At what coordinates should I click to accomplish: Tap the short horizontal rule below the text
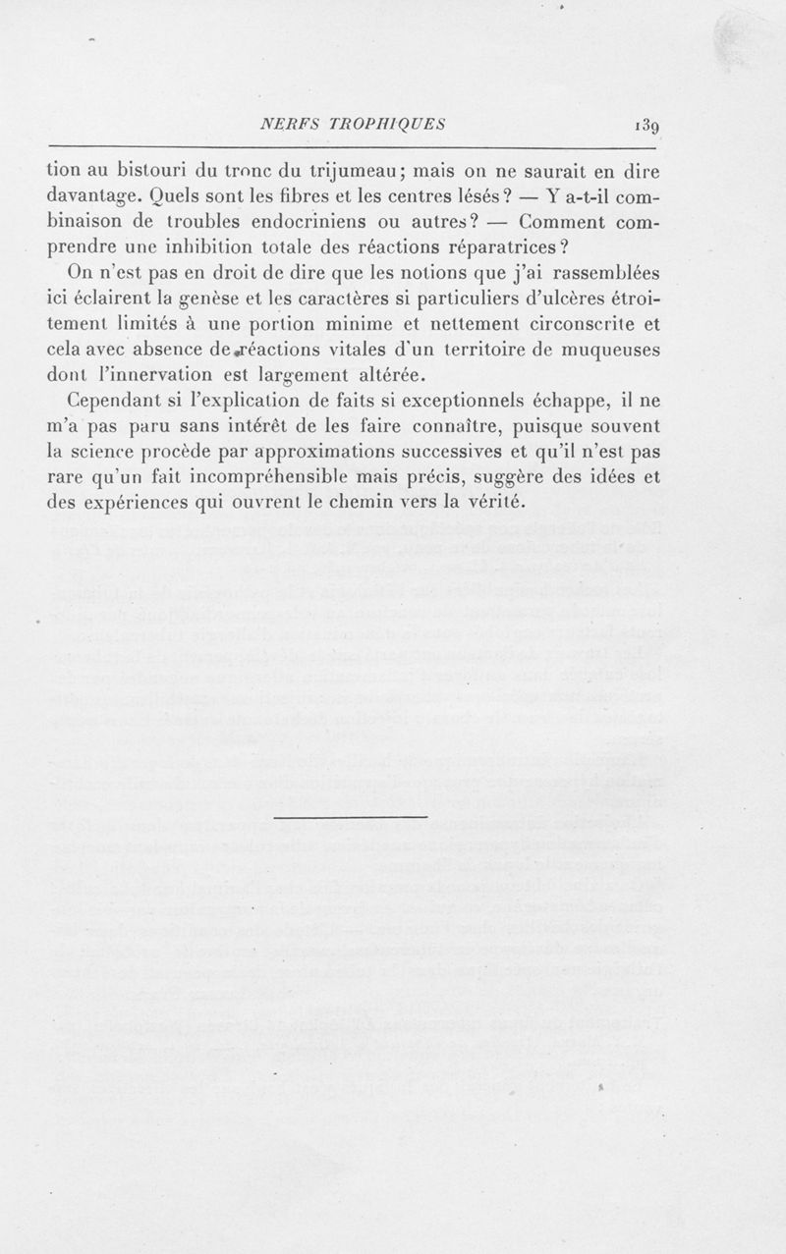(352, 817)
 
